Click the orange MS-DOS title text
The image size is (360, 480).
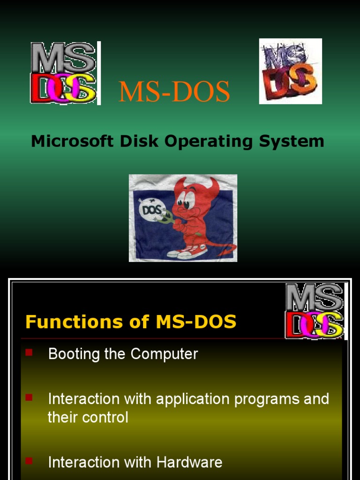click(x=174, y=92)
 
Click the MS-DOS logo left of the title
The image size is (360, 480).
click(x=65, y=73)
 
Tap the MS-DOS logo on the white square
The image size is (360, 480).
click(x=290, y=71)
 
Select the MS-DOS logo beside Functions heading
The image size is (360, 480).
click(x=315, y=311)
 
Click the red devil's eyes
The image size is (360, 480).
click(x=184, y=203)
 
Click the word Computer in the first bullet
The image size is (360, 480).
click(x=164, y=353)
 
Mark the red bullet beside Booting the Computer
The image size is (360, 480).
click(x=29, y=352)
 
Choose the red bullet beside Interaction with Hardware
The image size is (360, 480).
click(x=29, y=461)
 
